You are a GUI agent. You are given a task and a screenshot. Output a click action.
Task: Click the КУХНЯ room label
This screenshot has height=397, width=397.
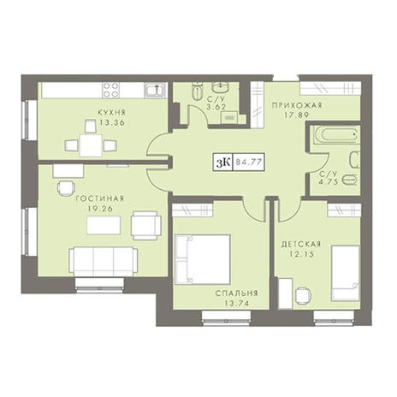111,113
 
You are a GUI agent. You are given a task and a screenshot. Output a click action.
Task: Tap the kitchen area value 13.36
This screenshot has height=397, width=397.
112,123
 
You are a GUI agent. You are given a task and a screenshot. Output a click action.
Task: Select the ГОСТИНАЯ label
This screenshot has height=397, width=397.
100,198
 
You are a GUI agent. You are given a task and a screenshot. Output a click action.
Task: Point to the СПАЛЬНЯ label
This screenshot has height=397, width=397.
236,293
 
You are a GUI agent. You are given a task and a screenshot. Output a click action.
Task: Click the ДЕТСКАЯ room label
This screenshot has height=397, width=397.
301,244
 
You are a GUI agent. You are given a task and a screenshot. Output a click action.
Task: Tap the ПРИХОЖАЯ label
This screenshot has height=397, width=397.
297,105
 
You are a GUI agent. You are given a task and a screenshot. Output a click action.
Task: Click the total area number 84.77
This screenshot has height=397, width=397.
249,162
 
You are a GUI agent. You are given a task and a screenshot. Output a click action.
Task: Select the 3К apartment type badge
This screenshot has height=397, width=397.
222,162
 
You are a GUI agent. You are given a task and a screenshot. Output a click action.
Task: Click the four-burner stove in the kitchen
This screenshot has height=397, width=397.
111,90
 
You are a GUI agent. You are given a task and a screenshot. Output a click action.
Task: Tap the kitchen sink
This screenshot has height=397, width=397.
155,90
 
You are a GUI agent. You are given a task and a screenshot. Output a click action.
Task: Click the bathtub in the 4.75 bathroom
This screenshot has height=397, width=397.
336,135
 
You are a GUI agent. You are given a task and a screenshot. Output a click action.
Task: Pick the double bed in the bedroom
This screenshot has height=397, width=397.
203,259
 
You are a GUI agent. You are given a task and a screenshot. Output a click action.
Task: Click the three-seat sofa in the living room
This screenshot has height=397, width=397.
104,262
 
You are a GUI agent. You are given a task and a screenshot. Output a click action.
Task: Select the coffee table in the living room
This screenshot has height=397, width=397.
104,225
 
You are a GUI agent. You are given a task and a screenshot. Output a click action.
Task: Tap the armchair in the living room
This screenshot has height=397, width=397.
146,225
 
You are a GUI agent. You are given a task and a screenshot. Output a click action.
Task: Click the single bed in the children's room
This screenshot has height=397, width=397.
346,273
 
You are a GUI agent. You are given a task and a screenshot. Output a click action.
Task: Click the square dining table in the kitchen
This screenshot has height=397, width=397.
91,145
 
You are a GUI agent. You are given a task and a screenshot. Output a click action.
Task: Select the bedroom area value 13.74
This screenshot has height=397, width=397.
236,304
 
